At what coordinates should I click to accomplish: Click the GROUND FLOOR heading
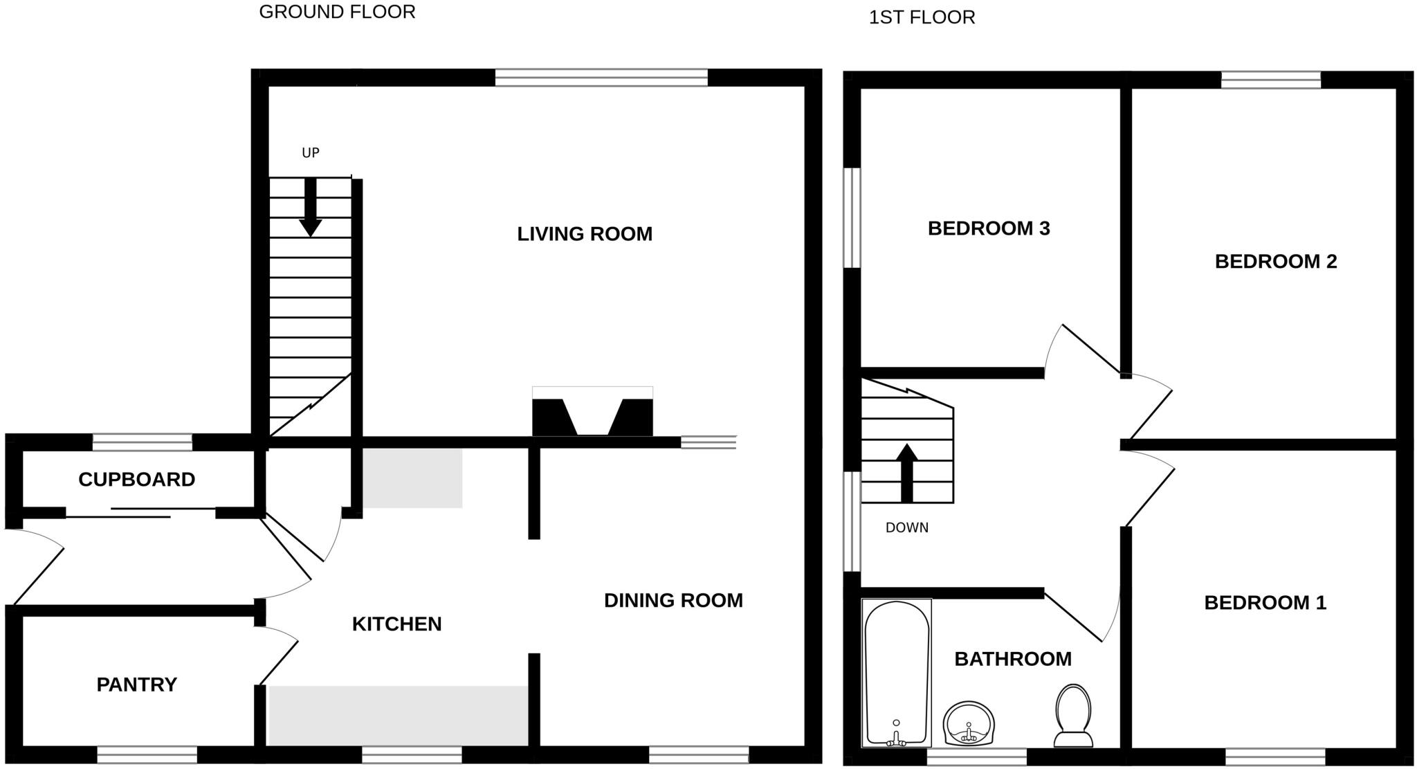pos(337,12)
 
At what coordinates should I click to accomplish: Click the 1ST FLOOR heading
pos(922,17)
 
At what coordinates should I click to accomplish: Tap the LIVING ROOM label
pos(585,234)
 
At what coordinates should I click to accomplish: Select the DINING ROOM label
pos(673,600)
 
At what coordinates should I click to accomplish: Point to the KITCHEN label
pos(396,624)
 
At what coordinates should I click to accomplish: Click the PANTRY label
pos(136,685)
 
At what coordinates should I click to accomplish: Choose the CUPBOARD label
pos(136,479)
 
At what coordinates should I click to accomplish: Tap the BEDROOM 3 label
pos(989,228)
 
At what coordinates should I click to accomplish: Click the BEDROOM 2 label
pos(1276,261)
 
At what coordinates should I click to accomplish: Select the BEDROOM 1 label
pos(1265,602)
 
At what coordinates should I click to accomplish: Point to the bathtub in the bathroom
pos(896,671)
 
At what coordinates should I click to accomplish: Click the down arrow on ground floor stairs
pos(310,208)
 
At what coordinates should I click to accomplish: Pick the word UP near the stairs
pos(310,153)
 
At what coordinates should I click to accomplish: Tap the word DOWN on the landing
pos(906,527)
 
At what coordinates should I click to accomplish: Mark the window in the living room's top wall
pos(601,78)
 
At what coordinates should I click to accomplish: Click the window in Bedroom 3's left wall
pos(852,217)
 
